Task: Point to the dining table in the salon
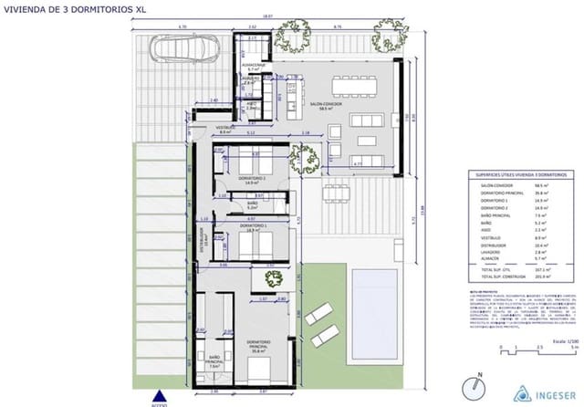pyautogui.click(x=358, y=85)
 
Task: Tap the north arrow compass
pyautogui.click(x=471, y=388)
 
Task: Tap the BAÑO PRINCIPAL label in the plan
pyautogui.click(x=215, y=360)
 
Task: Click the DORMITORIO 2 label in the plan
pyautogui.click(x=252, y=179)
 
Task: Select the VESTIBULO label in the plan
pyautogui.click(x=201, y=129)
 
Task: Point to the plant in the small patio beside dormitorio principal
pyautogui.click(x=271, y=277)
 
